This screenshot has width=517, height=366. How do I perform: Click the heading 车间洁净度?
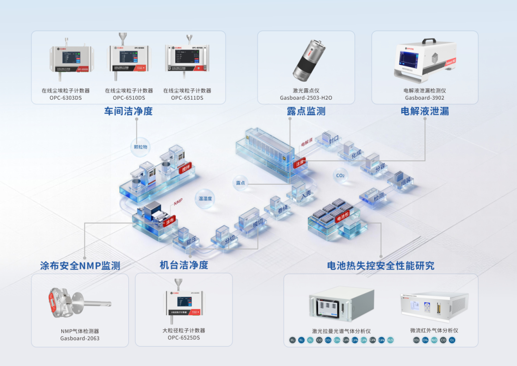[x=128, y=111]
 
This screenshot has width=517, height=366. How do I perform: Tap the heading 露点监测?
[x=306, y=111]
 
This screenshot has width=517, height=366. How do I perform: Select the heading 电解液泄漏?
[x=425, y=111]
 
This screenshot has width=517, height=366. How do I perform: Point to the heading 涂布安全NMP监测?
[x=80, y=265]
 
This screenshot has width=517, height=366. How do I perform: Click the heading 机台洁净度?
[x=184, y=265]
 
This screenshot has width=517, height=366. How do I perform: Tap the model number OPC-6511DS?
[x=187, y=98]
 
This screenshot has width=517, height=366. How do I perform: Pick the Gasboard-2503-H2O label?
[x=306, y=98]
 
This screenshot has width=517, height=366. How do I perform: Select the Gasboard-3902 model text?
[x=425, y=98]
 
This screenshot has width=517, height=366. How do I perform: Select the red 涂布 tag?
[x=170, y=222]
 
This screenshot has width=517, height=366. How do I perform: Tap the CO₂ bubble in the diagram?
[x=340, y=176]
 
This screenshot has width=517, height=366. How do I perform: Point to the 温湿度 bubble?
[x=205, y=199]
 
